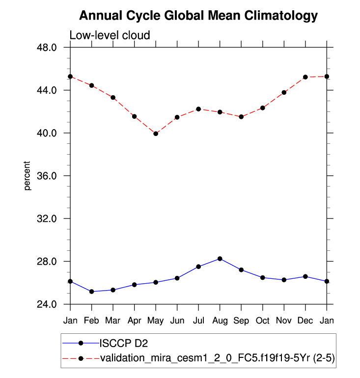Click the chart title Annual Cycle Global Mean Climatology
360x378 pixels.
click(198, 16)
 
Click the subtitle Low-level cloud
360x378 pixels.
click(109, 35)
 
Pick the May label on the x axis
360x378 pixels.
click(156, 320)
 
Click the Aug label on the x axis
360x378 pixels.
click(220, 320)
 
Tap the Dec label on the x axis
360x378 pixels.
click(305, 320)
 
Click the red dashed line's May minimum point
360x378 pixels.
click(156, 134)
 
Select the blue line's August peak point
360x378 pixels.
click(220, 259)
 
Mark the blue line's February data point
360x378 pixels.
click(92, 292)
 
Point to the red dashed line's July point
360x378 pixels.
click(198, 109)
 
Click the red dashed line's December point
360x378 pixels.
click(305, 77)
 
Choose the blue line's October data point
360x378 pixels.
click(263, 278)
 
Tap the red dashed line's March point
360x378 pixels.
click(113, 98)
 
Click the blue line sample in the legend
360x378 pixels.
click(81, 343)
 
